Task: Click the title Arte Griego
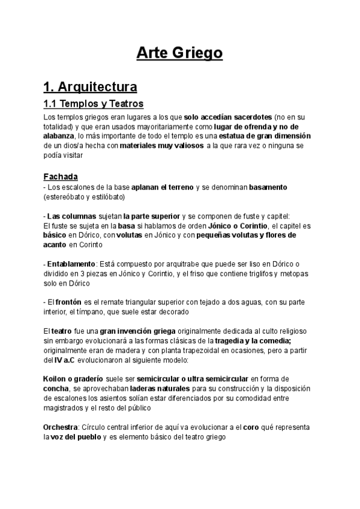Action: coord(179,53)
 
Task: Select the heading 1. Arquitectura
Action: coord(90,87)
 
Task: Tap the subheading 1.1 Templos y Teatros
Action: coord(93,104)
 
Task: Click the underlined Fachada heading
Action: coord(61,177)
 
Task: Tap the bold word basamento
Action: coord(268,187)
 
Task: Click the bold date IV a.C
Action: coord(64,361)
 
